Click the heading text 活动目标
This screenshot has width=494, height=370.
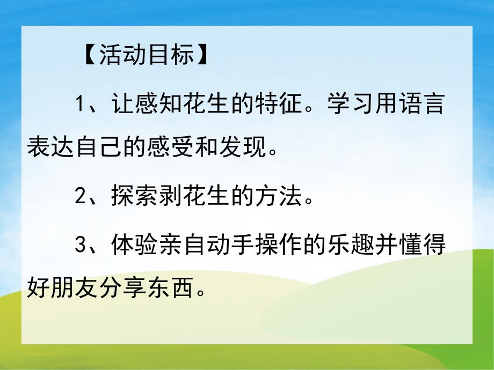tap(146, 55)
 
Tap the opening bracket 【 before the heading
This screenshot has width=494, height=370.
tap(89, 55)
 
